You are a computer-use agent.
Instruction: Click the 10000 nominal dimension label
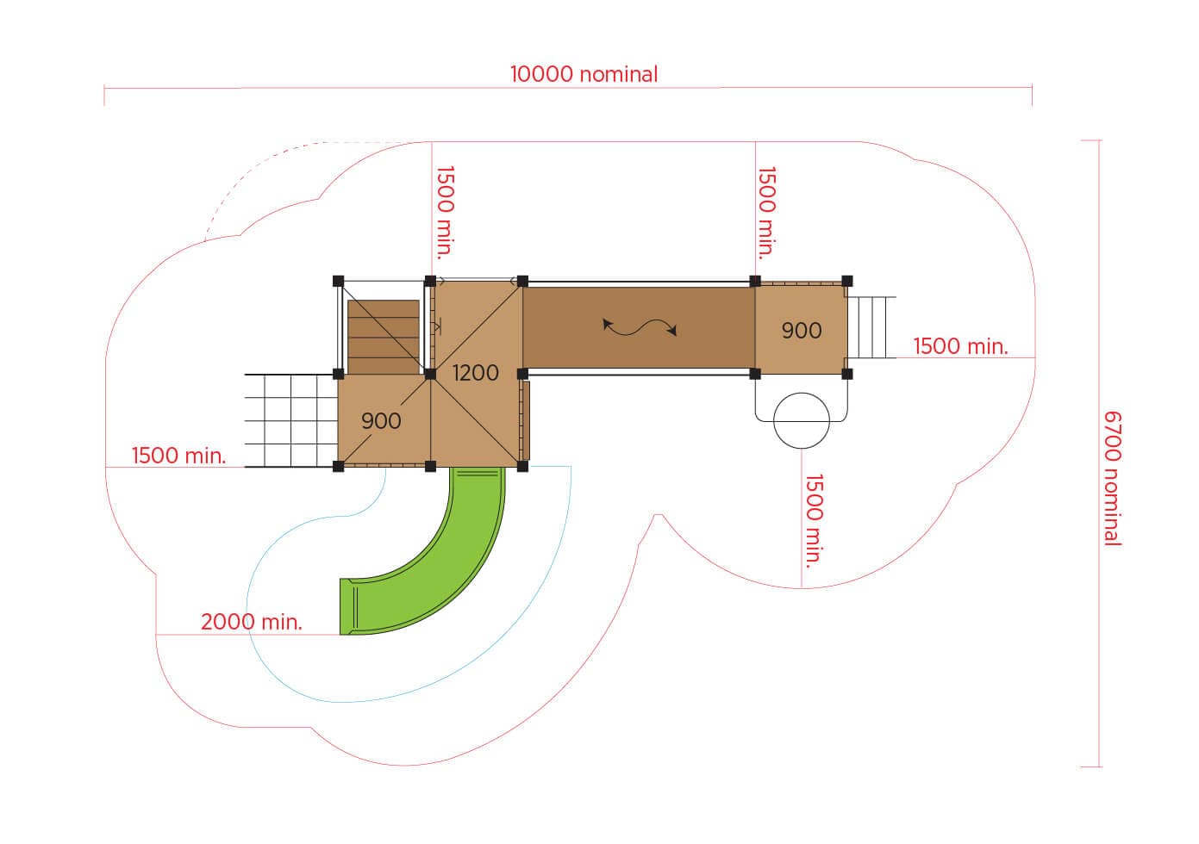(x=584, y=74)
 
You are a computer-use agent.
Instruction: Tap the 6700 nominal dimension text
(x=1112, y=478)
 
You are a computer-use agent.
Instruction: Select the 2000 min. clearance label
(x=252, y=622)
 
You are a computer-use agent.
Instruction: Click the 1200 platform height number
(x=475, y=372)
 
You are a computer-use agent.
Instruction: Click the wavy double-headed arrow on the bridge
(x=640, y=326)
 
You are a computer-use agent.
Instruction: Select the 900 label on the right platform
(x=802, y=331)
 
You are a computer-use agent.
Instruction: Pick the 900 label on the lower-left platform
(x=381, y=421)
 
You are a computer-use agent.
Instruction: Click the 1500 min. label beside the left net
(x=178, y=456)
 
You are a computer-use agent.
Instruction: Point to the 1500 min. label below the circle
(x=813, y=519)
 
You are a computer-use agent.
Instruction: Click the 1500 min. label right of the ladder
(x=960, y=346)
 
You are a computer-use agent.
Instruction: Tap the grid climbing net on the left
(x=291, y=420)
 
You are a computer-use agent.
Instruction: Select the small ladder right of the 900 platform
(x=872, y=327)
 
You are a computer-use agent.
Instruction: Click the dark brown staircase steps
(x=384, y=337)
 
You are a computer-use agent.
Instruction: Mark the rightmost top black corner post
(x=846, y=281)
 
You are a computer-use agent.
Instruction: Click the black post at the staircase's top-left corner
(x=338, y=281)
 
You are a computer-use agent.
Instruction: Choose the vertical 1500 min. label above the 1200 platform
(x=446, y=213)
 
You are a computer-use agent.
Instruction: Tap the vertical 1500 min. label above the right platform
(x=766, y=213)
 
